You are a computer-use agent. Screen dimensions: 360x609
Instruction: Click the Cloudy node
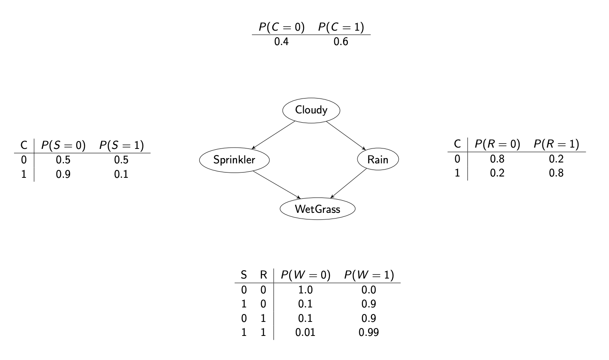(x=311, y=110)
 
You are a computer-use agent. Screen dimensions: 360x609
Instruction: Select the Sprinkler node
(x=234, y=160)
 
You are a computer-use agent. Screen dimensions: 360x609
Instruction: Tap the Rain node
(x=378, y=160)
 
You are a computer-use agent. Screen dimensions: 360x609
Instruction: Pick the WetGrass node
(x=318, y=209)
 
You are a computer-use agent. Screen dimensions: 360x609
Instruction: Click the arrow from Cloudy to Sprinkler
(x=273, y=135)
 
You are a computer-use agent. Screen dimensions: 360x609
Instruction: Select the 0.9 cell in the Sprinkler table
(x=63, y=174)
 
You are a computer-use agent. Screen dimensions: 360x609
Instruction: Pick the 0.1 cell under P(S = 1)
(x=121, y=174)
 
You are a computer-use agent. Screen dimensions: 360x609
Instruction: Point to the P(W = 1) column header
(x=368, y=275)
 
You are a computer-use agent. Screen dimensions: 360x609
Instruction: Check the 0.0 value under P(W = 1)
(x=368, y=290)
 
